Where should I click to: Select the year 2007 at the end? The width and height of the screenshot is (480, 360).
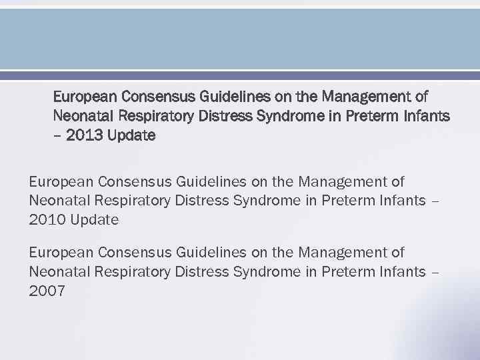tap(47, 291)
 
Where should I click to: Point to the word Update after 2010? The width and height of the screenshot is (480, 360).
tap(94, 219)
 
